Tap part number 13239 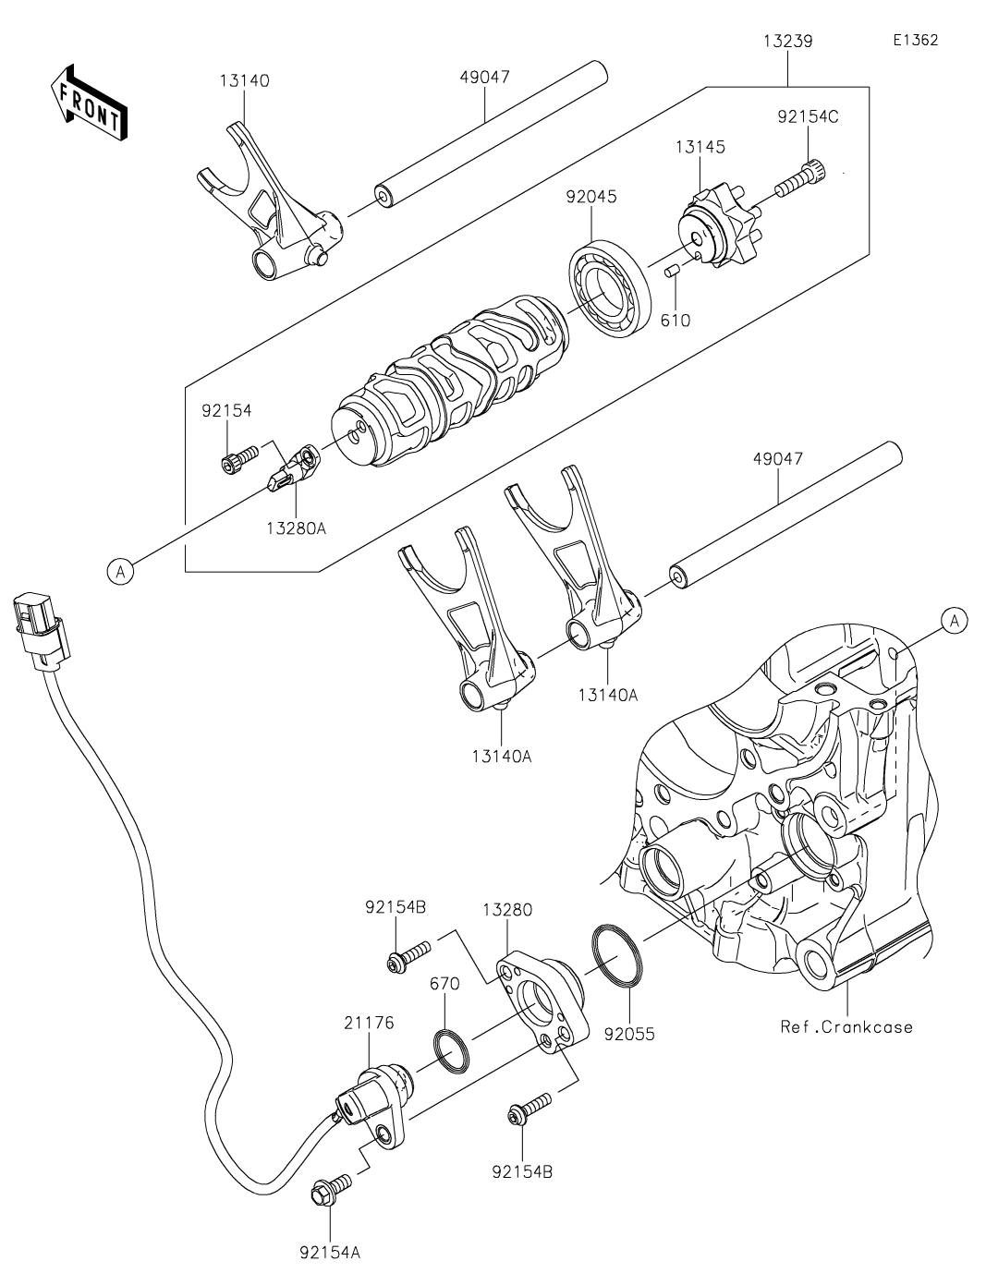click(787, 42)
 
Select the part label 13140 click(244, 80)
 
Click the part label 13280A click(296, 527)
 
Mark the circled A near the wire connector click(118, 572)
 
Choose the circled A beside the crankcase click(955, 622)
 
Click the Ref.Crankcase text click(846, 1026)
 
